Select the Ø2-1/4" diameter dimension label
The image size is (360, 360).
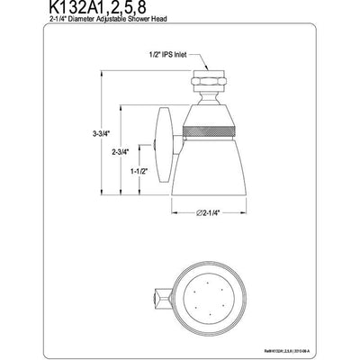209,212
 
